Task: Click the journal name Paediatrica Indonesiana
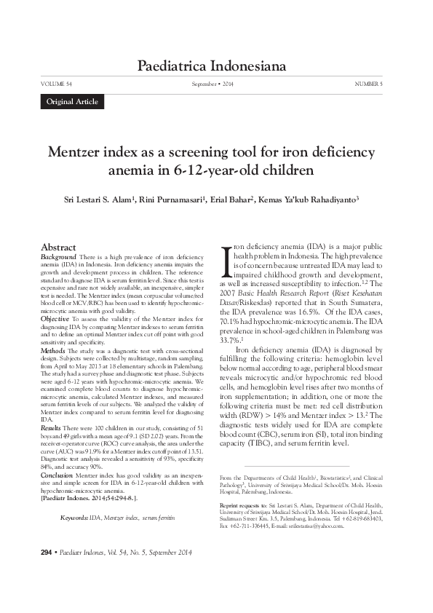tap(211, 67)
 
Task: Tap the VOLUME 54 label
tap(56, 84)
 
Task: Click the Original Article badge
tap(71, 102)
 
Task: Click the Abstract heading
tap(59, 248)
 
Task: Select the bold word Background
tap(57, 258)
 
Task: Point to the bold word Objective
tap(55, 319)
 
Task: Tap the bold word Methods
tap(53, 350)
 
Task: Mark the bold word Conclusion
tap(57, 474)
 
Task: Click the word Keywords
tap(74, 517)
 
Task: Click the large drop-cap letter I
tap(226, 260)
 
